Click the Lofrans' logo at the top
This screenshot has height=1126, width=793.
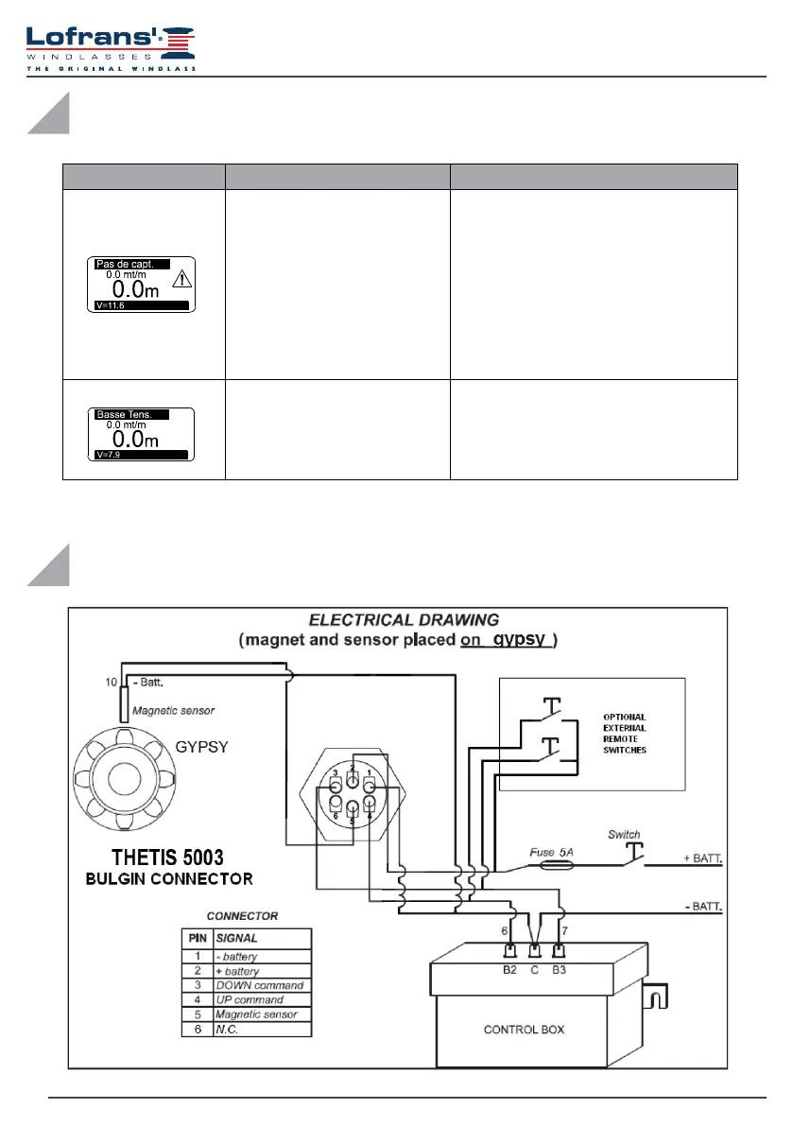[x=112, y=45]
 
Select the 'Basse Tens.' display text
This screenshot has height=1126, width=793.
[x=124, y=414]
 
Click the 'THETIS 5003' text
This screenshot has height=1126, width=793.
[x=169, y=858]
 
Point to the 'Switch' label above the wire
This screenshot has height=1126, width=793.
[x=624, y=835]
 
